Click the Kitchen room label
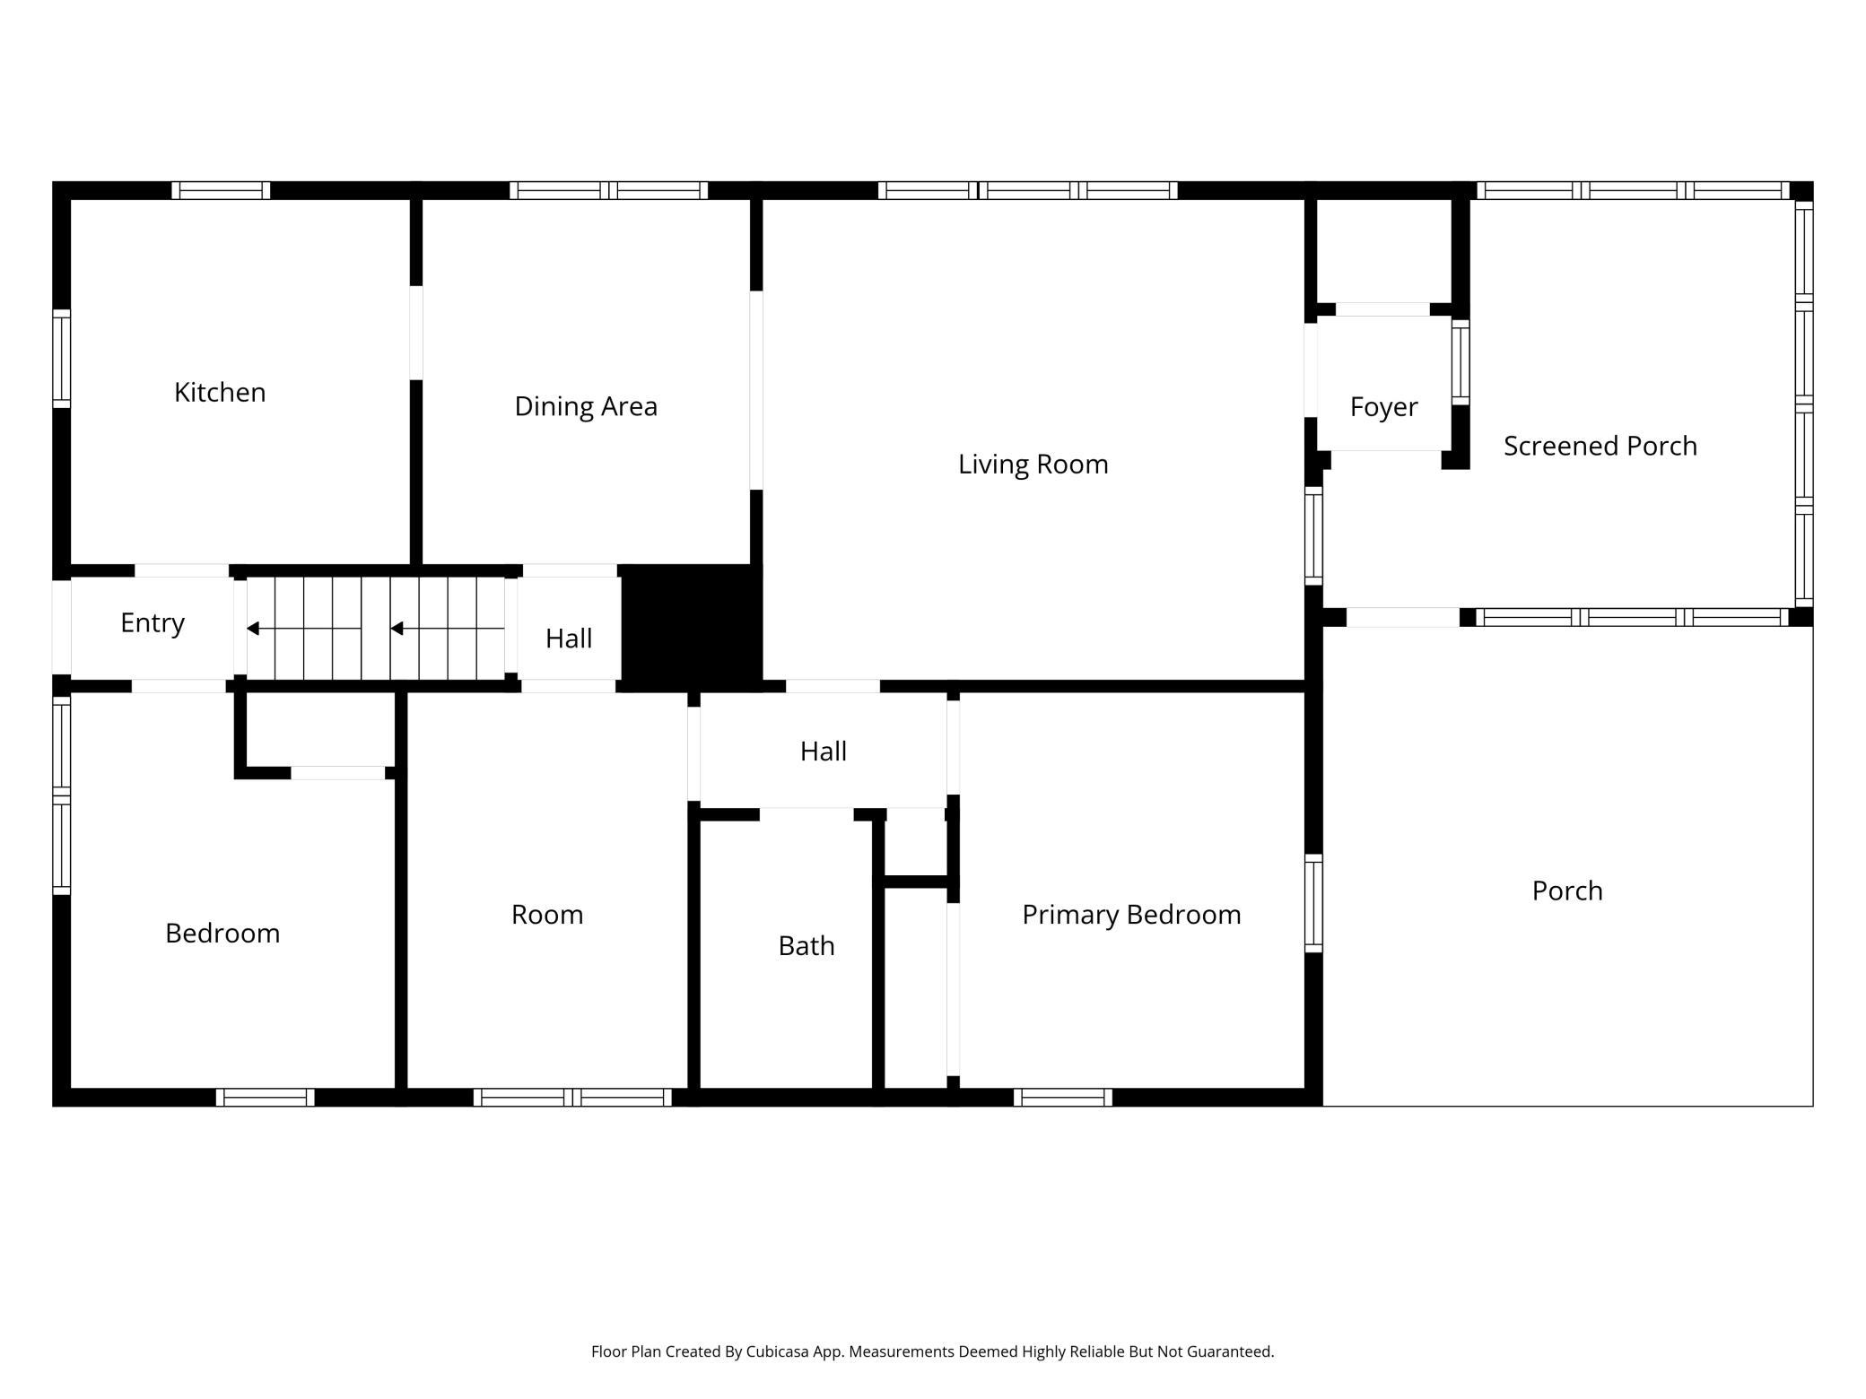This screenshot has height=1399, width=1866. [x=220, y=393]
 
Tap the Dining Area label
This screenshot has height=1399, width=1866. [x=586, y=406]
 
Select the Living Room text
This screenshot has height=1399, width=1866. [x=1033, y=465]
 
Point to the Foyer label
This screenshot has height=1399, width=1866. [x=1383, y=407]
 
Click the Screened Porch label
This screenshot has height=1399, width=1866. [x=1600, y=446]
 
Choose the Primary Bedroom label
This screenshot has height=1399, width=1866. [x=1131, y=915]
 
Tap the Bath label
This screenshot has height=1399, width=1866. [x=807, y=946]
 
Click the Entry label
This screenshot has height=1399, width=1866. [x=153, y=623]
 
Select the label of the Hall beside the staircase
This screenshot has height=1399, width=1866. [x=569, y=639]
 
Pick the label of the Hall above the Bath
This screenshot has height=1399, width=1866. [x=824, y=752]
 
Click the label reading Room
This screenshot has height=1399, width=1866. [x=547, y=915]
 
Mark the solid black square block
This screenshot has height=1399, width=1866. [x=692, y=628]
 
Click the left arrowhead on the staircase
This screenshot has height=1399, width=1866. [x=253, y=629]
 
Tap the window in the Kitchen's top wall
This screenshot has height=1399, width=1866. [x=221, y=190]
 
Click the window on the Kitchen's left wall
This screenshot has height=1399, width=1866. [x=61, y=359]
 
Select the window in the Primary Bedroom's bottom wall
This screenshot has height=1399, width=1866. [x=1063, y=1097]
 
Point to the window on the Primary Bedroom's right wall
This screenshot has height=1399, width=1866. [x=1313, y=903]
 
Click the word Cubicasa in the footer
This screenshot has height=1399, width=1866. [x=778, y=1351]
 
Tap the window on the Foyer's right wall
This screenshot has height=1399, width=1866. [x=1461, y=362]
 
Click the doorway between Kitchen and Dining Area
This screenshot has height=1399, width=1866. [x=416, y=333]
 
